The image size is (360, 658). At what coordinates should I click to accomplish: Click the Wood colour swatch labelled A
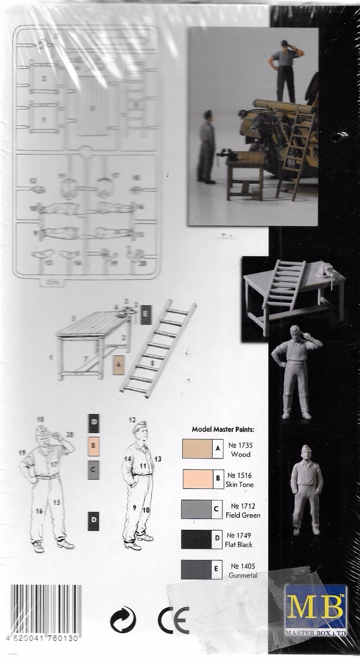point(198,449)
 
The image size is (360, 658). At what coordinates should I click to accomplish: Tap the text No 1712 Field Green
point(245,510)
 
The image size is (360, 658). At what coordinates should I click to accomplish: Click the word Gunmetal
point(244,575)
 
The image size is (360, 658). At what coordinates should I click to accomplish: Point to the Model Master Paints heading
point(223,429)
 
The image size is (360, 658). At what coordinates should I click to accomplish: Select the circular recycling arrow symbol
point(123,619)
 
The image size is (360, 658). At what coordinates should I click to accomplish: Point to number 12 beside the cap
point(132,420)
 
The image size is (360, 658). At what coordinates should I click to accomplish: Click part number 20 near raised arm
point(70,434)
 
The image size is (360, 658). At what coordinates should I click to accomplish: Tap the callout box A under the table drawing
point(118,364)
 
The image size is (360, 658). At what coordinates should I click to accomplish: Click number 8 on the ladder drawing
point(152,363)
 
